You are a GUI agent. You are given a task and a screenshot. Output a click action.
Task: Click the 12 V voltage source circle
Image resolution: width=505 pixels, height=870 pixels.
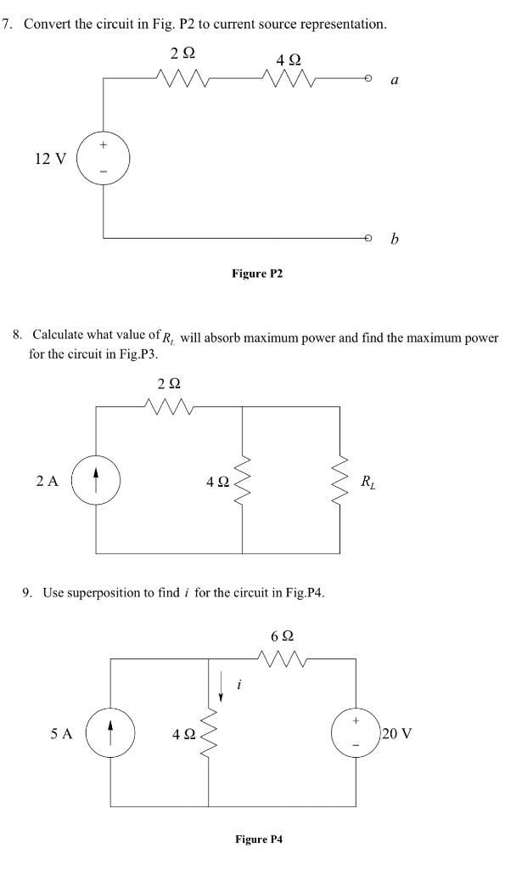coord(104,158)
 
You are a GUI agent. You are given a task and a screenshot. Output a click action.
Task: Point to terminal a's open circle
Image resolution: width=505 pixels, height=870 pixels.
coord(368,80)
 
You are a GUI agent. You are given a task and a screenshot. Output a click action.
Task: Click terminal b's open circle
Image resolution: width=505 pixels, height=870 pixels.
coord(368,237)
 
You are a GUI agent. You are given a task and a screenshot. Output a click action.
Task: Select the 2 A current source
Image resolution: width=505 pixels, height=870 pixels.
coord(95,481)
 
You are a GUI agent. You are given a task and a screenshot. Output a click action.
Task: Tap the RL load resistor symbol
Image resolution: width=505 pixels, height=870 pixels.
coord(340,481)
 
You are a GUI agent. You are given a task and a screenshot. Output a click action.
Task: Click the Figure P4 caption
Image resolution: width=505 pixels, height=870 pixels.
coord(260,839)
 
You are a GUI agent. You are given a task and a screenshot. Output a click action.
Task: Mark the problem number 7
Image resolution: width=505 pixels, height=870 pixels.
coord(8,24)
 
